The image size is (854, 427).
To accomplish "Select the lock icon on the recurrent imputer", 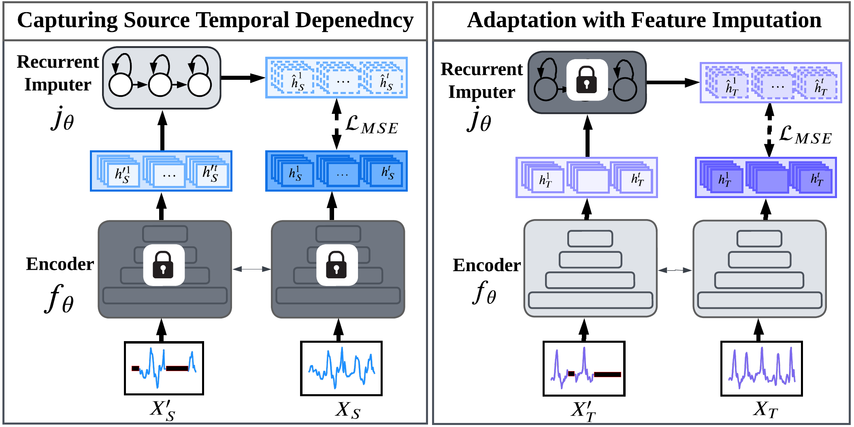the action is pyautogui.click(x=587, y=80).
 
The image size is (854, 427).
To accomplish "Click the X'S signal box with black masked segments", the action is pyautogui.click(x=164, y=368).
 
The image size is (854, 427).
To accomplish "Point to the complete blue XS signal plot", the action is pyautogui.click(x=341, y=368).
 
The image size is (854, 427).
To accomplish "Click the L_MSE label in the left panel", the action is pyautogui.click(x=372, y=125).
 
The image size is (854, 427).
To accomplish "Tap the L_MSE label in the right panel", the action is pyautogui.click(x=805, y=135).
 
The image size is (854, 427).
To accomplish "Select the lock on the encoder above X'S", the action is pyautogui.click(x=164, y=265).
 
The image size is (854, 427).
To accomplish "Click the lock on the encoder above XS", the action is pyautogui.click(x=337, y=265).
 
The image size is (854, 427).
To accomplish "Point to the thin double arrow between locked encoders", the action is pyautogui.click(x=251, y=269).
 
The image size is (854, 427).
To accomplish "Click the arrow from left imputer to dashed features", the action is pyautogui.click(x=243, y=77).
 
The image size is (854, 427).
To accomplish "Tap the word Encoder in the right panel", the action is pyautogui.click(x=487, y=265).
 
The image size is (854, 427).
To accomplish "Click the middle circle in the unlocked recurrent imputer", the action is pyautogui.click(x=160, y=85).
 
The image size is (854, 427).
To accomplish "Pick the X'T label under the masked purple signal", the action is pyautogui.click(x=584, y=411).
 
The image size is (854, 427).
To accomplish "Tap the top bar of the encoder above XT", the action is pyautogui.click(x=759, y=239).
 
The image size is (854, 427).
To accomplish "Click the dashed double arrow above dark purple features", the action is pyautogui.click(x=769, y=130).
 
